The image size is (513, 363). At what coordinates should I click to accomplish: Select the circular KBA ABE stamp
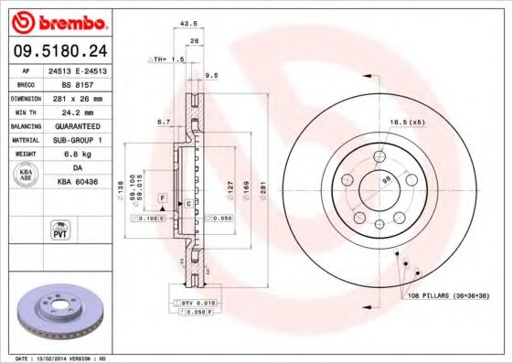26,176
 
